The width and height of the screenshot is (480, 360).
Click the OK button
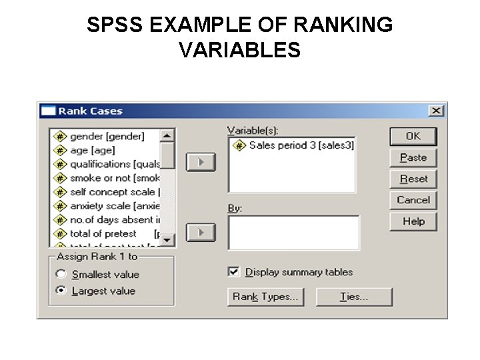(413, 136)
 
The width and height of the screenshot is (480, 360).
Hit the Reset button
(413, 179)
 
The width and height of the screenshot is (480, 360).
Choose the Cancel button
(413, 200)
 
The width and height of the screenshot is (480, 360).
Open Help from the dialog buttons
(413, 221)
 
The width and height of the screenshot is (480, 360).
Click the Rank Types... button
(265, 297)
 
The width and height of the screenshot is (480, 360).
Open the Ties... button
(354, 297)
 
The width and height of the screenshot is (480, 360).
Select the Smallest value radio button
(61, 274)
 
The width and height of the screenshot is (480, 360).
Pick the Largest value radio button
(61, 291)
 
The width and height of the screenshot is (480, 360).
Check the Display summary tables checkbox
(233, 272)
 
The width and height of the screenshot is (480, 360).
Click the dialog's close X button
(435, 111)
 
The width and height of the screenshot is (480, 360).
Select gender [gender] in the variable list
(107, 136)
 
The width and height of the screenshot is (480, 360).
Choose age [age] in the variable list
(92, 150)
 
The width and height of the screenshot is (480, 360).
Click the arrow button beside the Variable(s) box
(200, 161)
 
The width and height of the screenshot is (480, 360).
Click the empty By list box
(293, 232)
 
